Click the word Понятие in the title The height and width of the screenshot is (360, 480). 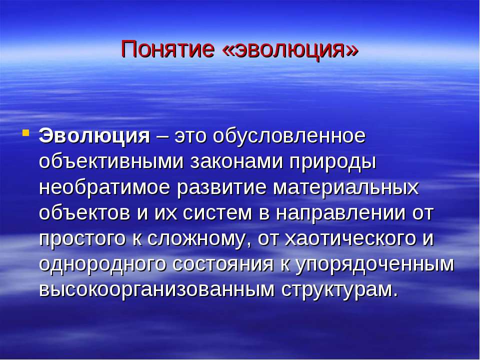[x=167, y=49]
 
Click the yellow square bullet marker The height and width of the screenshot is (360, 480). [x=26, y=133]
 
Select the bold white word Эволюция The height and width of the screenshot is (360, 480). [x=94, y=136]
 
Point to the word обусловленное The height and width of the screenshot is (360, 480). [x=289, y=136]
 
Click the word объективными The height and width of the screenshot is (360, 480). [x=111, y=161]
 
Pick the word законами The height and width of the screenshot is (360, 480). [x=236, y=162]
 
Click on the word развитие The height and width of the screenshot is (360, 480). [x=221, y=188]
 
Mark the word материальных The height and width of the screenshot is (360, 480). [x=345, y=188]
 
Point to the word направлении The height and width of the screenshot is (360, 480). [x=340, y=213]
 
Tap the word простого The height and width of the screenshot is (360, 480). [x=82, y=239]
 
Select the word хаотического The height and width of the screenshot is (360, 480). [x=350, y=239]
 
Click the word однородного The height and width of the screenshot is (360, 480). [x=102, y=264]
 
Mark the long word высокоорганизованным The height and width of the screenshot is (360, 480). [x=156, y=290]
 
